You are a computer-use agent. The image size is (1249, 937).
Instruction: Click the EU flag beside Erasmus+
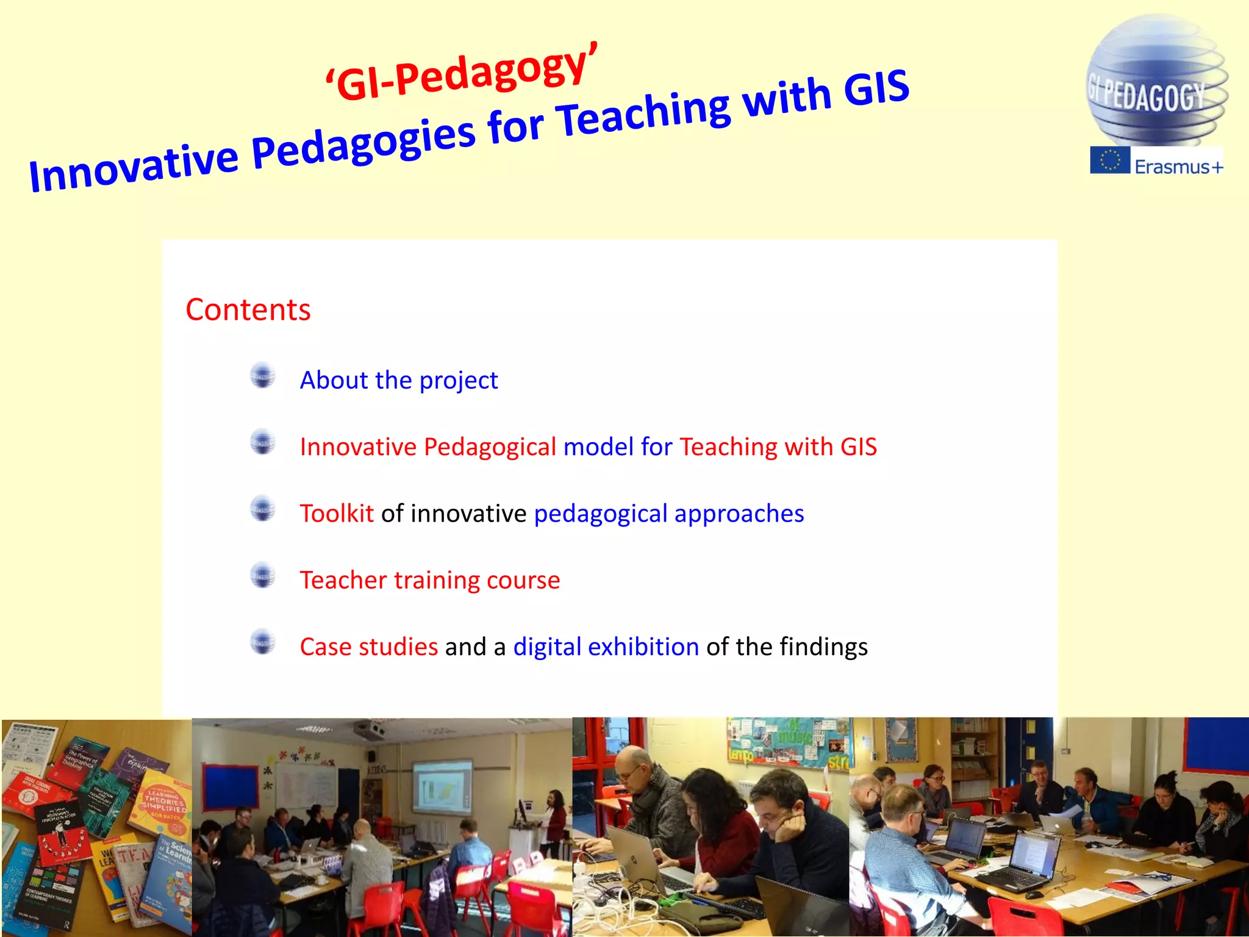tap(1110, 160)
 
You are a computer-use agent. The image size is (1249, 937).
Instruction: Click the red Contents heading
tap(248, 310)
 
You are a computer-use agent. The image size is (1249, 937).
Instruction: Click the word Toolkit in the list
tap(337, 514)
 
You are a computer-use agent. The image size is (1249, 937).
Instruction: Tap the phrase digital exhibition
tap(606, 647)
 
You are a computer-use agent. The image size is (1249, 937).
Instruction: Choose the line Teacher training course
tap(429, 580)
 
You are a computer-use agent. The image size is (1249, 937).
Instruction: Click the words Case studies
tap(368, 647)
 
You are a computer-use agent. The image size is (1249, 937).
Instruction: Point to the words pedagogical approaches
tap(668, 514)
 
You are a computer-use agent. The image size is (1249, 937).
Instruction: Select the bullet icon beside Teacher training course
tap(263, 576)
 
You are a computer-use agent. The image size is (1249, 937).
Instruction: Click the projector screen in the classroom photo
tap(442, 788)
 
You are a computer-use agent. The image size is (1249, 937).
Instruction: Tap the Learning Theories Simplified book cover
tap(163, 805)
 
